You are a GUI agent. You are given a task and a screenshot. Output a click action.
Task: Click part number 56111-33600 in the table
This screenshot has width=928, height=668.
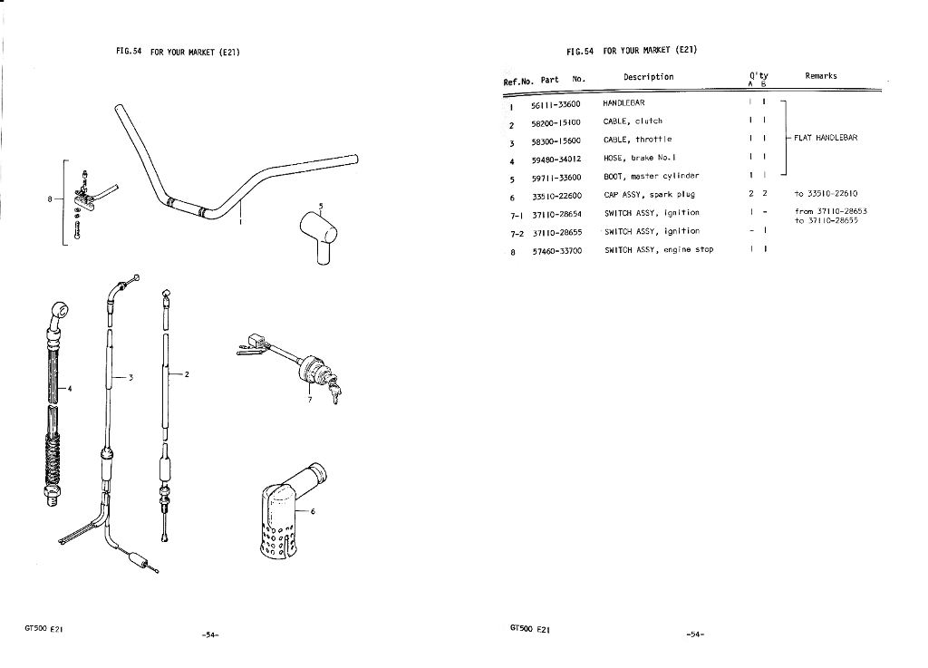pyautogui.click(x=556, y=105)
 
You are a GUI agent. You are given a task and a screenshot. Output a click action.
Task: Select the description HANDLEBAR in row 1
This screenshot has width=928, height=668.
pyautogui.click(x=623, y=103)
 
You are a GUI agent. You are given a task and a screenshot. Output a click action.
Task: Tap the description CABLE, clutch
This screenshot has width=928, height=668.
pyautogui.click(x=633, y=121)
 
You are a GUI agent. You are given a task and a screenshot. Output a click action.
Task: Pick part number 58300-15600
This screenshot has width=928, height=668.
pyautogui.click(x=556, y=141)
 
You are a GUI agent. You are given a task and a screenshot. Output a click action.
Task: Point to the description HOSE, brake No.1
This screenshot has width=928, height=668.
pyautogui.click(x=639, y=158)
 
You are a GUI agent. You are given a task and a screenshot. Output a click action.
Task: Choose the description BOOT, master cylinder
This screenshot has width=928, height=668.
pyautogui.click(x=651, y=177)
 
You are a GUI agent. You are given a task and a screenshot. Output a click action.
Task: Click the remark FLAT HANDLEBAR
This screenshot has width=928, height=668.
pyautogui.click(x=826, y=138)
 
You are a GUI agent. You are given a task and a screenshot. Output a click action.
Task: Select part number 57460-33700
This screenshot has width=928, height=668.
pyautogui.click(x=557, y=251)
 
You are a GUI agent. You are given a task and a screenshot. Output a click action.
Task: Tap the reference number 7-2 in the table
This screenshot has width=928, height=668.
pyautogui.click(x=517, y=235)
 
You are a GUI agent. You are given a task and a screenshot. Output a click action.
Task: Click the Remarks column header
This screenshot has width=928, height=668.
pyautogui.click(x=821, y=76)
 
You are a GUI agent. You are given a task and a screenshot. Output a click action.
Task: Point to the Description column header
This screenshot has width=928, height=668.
pyautogui.click(x=648, y=77)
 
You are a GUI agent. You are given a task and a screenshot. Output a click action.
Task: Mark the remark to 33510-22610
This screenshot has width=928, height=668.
pyautogui.click(x=826, y=193)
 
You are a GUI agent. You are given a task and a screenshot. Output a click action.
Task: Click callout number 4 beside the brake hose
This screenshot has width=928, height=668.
pyautogui.click(x=70, y=389)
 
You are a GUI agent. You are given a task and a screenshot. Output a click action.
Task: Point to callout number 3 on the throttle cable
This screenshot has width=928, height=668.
pyautogui.click(x=130, y=377)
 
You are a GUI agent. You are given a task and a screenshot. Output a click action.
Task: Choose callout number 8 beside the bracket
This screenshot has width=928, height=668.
pyautogui.click(x=51, y=198)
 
